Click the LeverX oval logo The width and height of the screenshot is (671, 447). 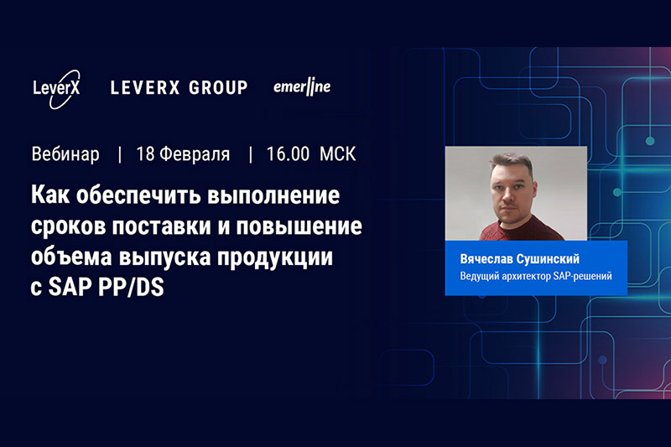tap(56, 90)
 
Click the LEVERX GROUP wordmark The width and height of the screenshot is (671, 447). tap(179, 88)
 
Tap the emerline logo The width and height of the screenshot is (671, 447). tap(302, 87)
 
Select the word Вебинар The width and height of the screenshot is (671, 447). tap(65, 154)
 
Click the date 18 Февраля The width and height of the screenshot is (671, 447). tap(183, 154)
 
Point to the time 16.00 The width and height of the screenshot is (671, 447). tap(288, 154)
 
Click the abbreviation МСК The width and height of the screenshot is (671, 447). tap(338, 154)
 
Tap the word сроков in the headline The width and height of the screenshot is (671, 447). tap(68, 226)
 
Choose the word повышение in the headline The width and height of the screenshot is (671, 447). tap(299, 226)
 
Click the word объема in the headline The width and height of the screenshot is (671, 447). tap(71, 257)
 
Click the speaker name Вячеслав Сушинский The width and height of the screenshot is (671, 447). tap(520, 259)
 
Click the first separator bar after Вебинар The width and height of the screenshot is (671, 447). tap(120, 155)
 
